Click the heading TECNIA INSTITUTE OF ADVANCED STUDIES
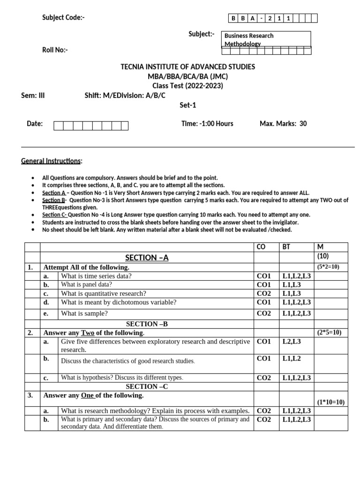click(188, 67)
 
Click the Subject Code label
click(63, 18)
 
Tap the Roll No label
click(55, 50)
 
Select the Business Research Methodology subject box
click(265, 39)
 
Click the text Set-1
click(187, 105)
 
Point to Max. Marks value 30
click(303, 124)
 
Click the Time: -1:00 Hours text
click(207, 124)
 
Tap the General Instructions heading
click(52, 161)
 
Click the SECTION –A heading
click(147, 258)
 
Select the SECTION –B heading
click(147, 324)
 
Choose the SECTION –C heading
click(147, 387)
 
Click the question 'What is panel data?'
click(86, 285)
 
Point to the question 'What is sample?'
click(84, 314)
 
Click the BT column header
click(286, 247)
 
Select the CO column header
click(261, 247)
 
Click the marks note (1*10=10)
click(331, 402)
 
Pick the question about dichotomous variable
click(119, 302)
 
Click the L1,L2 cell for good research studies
click(292, 359)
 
